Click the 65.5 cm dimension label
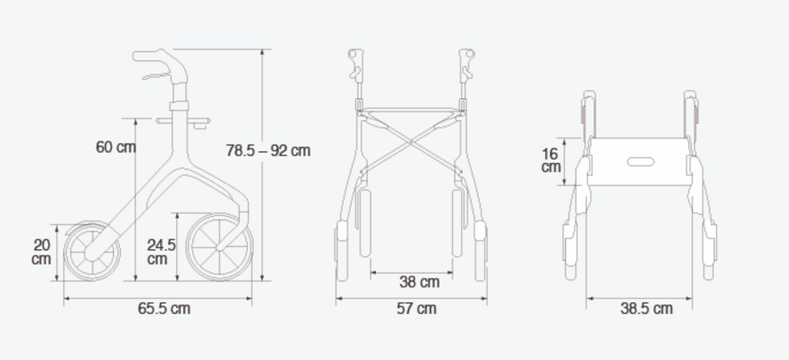(x=164, y=308)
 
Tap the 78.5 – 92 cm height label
(x=268, y=151)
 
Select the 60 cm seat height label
(x=115, y=148)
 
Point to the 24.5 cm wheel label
(x=161, y=252)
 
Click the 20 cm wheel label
(x=42, y=252)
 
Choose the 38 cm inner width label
(x=419, y=282)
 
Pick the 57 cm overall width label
(x=416, y=308)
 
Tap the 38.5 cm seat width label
(x=646, y=308)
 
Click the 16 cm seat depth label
(x=551, y=160)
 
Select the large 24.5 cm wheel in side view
(x=219, y=247)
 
